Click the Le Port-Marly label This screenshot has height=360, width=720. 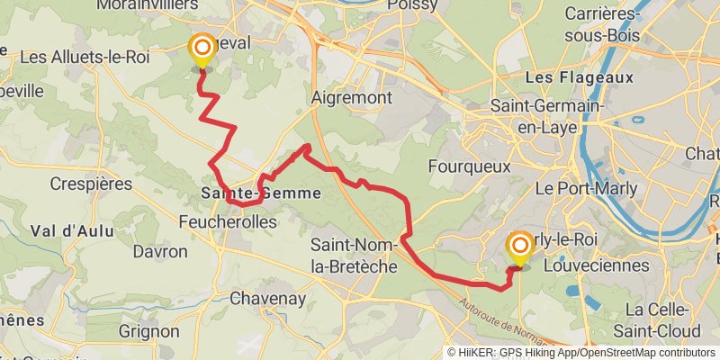coord(586,189)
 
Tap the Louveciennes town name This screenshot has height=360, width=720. coord(609,265)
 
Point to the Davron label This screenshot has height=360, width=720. coord(159,251)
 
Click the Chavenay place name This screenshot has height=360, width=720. coord(267,298)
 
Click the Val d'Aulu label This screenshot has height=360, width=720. coord(72,230)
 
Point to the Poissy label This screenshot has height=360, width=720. coord(412,5)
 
